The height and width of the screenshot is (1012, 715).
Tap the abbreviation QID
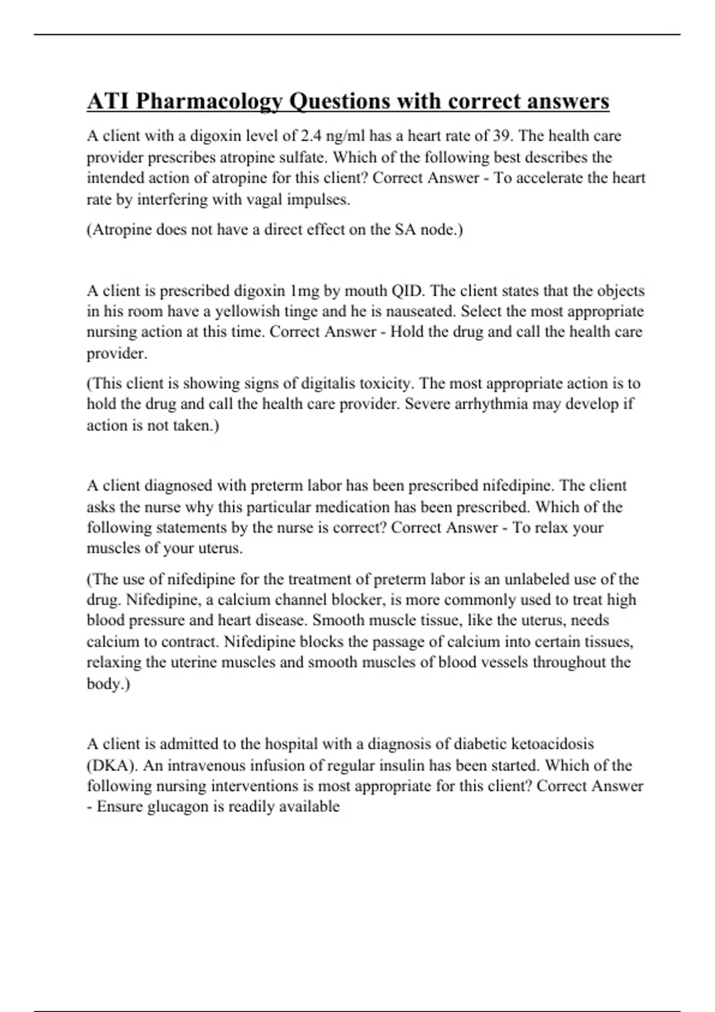pos(408,291)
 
